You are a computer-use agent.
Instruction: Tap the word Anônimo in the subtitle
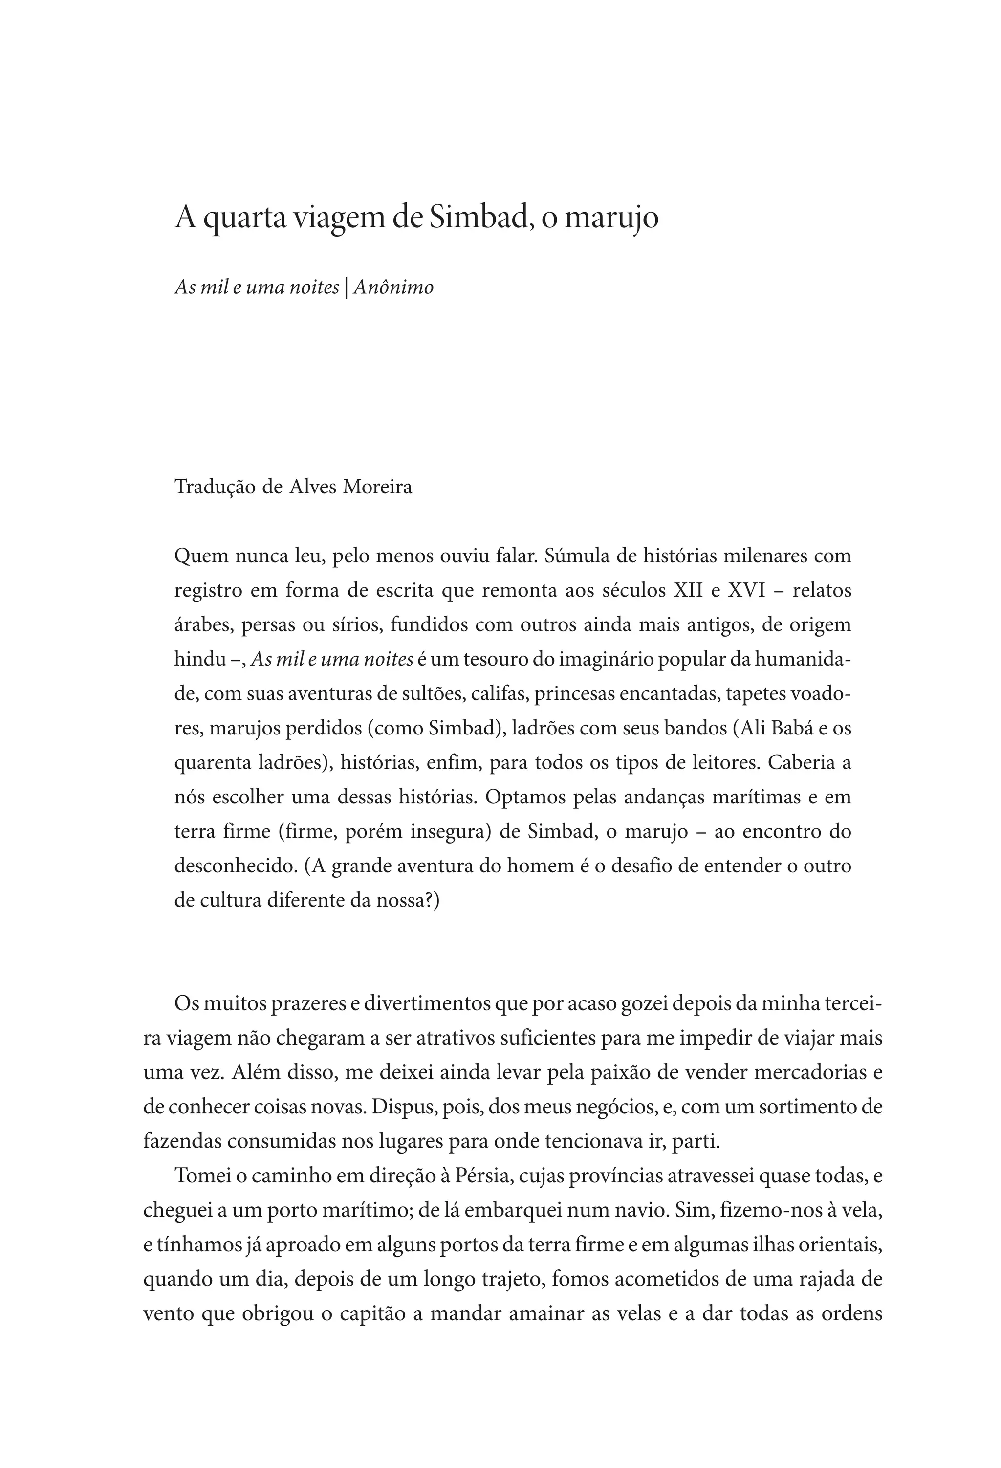[x=393, y=288]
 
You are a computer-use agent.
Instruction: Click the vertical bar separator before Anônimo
[x=346, y=288]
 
